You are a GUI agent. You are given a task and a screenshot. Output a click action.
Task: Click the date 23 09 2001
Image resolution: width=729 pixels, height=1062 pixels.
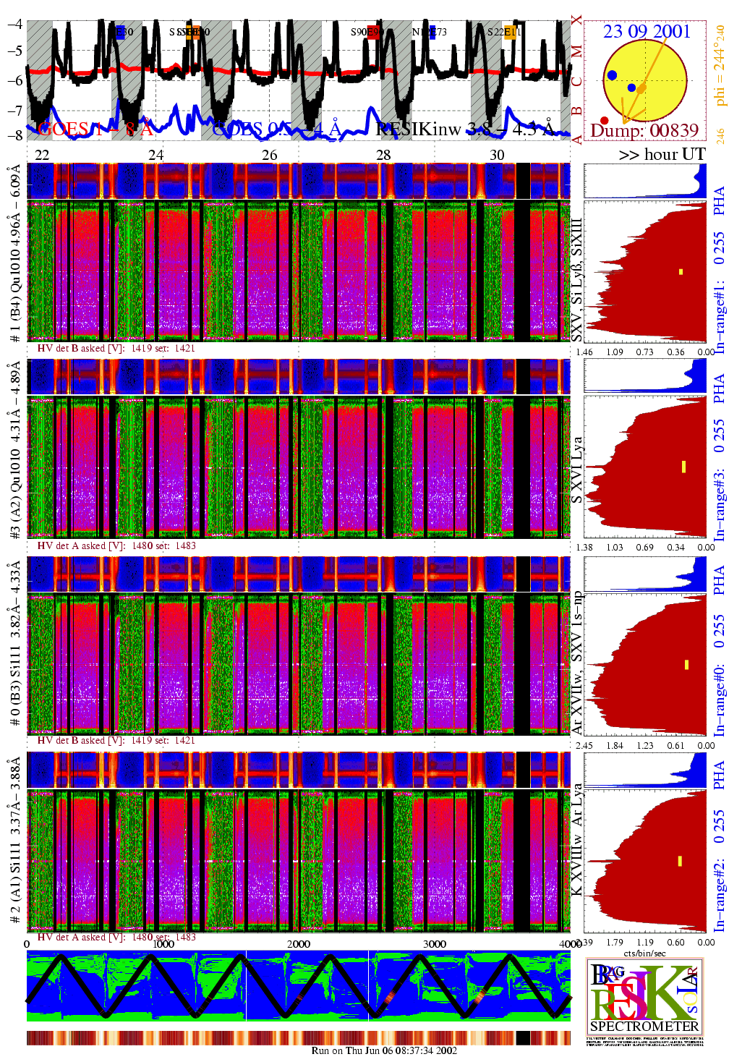pyautogui.click(x=647, y=31)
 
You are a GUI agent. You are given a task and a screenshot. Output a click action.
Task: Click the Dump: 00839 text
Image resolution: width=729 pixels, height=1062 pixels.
pyautogui.click(x=644, y=130)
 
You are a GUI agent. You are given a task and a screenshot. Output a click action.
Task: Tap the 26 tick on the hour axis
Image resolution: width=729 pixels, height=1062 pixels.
pyautogui.click(x=270, y=155)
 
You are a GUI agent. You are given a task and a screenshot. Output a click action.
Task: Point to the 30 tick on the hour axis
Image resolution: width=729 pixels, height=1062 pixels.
pyautogui.click(x=497, y=155)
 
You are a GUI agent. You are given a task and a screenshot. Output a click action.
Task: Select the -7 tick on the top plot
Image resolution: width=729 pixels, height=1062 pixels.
pyautogui.click(x=14, y=110)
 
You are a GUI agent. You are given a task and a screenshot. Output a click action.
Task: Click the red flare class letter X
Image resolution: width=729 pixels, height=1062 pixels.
pyautogui.click(x=576, y=20)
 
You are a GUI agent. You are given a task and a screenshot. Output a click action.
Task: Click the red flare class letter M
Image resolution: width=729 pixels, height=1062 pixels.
pyautogui.click(x=576, y=51)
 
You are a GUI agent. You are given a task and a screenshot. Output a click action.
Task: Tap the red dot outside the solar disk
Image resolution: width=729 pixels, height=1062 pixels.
pyautogui.click(x=605, y=120)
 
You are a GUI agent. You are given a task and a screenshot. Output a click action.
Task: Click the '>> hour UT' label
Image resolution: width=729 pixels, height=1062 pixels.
pyautogui.click(x=662, y=154)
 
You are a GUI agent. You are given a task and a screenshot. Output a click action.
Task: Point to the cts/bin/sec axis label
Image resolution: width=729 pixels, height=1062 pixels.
pyautogui.click(x=644, y=953)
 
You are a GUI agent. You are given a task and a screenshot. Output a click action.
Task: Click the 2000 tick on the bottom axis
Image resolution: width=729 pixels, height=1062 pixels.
pyautogui.click(x=299, y=943)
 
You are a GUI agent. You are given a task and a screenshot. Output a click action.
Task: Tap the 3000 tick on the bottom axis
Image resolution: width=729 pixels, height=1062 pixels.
pyautogui.click(x=435, y=943)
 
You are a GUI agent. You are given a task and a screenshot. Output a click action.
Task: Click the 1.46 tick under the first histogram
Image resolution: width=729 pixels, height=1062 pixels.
pyautogui.click(x=584, y=352)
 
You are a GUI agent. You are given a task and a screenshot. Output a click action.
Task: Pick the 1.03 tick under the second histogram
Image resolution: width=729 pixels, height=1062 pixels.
pyautogui.click(x=614, y=547)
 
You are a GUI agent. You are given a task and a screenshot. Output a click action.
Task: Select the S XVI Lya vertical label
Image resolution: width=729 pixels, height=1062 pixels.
pyautogui.click(x=576, y=470)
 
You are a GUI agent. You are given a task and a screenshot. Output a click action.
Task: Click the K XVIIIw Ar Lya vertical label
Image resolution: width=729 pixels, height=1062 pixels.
pyautogui.click(x=576, y=840)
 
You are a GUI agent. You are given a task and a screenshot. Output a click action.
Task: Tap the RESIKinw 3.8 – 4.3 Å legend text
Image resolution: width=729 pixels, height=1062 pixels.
pyautogui.click(x=466, y=129)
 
